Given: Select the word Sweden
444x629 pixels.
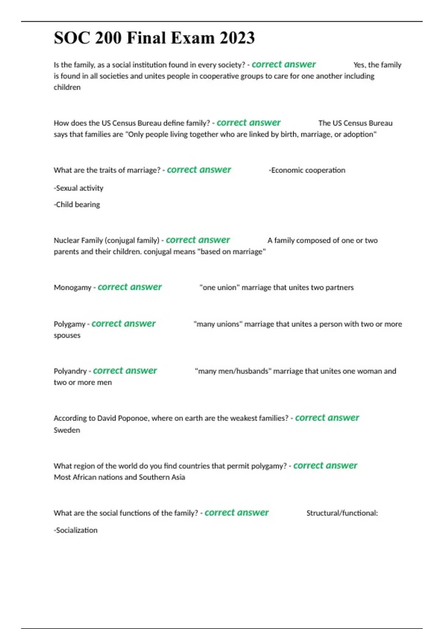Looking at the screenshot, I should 67,430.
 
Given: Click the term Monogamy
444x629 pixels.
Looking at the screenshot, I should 73,287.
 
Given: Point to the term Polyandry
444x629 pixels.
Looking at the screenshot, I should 70,371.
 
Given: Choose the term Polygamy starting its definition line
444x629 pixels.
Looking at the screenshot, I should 70,324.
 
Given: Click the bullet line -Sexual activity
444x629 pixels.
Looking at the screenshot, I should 78,188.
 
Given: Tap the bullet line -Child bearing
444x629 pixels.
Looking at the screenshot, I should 77,205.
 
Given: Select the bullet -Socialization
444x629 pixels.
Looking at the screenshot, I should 75,530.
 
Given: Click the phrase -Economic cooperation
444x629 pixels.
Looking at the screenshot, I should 307,170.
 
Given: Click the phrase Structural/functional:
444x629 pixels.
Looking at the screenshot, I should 342,513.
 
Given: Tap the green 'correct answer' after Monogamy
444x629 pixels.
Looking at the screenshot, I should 129,287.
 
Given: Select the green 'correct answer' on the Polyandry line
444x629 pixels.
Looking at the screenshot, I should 125,371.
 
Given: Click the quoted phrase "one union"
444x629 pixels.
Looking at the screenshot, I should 219,287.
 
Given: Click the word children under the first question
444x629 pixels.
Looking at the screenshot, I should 67,87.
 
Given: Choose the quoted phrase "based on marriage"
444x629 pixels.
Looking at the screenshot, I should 231,252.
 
